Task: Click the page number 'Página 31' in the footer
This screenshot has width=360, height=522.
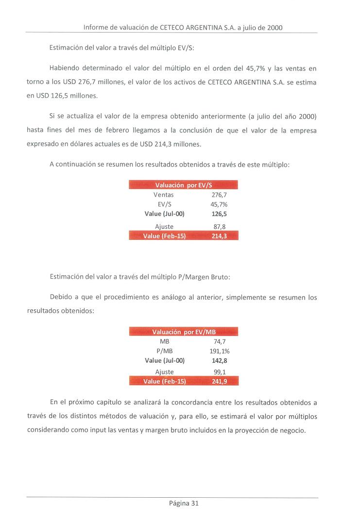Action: [x=184, y=504]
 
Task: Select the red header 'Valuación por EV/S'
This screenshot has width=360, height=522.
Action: [x=184, y=185]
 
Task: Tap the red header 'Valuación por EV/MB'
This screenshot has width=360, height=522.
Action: [x=184, y=332]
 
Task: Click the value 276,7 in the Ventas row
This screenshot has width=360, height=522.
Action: [x=220, y=195]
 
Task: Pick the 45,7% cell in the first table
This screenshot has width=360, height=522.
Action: [x=219, y=204]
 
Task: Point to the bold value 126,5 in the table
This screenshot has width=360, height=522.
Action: [x=220, y=214]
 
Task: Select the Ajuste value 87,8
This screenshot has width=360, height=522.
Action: [x=220, y=226]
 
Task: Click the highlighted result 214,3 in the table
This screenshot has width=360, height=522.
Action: [x=220, y=236]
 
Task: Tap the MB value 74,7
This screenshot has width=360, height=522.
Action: [x=220, y=341]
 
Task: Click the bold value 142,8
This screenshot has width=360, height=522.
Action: [x=220, y=360]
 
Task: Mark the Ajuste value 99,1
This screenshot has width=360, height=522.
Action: [x=220, y=372]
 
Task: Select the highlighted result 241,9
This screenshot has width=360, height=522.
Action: [x=220, y=381]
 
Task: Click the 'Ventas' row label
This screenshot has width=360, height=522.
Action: [x=163, y=195]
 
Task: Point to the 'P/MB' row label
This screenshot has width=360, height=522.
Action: [x=165, y=351]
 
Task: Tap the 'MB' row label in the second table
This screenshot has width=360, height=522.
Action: [x=164, y=341]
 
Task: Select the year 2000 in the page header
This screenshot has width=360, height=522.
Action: [x=274, y=28]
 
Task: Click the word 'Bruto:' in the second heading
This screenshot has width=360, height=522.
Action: [x=220, y=277]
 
